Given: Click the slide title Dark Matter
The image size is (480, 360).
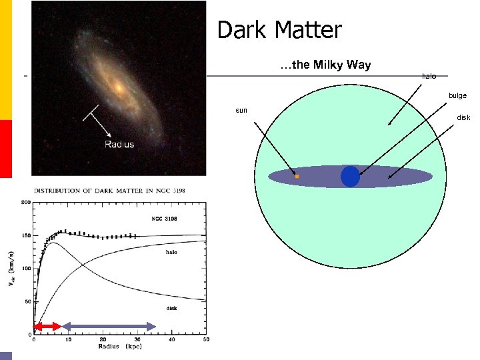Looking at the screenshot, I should [x=279, y=30].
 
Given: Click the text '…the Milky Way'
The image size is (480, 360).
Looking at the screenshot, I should [x=325, y=65].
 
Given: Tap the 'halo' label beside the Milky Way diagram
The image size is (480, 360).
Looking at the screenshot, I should [x=429, y=76].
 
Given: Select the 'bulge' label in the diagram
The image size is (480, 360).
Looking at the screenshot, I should [x=457, y=96].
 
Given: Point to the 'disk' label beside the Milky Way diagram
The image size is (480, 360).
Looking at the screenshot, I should [x=463, y=117].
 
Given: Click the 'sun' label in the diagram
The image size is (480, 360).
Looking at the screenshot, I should [x=241, y=110].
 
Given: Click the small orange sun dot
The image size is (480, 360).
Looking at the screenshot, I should [x=297, y=177].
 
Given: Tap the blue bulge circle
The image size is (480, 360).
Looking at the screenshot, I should [x=350, y=177].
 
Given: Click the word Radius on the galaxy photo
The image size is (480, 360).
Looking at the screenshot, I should [x=119, y=144].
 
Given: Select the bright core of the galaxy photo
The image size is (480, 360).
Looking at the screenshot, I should [x=118, y=87].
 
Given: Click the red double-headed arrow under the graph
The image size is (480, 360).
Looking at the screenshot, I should [x=47, y=326].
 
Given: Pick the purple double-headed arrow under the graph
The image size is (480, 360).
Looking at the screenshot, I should [x=109, y=326].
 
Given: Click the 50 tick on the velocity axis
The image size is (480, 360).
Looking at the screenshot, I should [x=27, y=301].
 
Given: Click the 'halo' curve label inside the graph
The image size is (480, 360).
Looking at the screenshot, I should [x=172, y=253].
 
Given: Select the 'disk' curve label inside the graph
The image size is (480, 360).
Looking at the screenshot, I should [x=172, y=308].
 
